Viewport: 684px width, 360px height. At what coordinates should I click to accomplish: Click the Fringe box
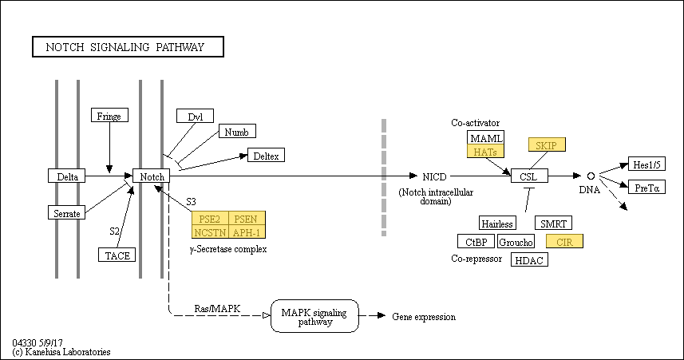[109, 115]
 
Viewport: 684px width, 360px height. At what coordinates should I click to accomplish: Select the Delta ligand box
[67, 176]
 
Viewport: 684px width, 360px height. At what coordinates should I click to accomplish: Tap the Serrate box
[67, 212]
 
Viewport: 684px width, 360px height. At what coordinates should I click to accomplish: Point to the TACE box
[117, 255]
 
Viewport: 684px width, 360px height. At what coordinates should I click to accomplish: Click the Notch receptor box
[151, 176]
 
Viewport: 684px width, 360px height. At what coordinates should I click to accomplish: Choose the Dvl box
[195, 116]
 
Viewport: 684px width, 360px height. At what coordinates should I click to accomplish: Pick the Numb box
[237, 132]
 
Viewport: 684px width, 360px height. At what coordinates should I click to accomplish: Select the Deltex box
[266, 155]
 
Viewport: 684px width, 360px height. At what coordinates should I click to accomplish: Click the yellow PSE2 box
[210, 218]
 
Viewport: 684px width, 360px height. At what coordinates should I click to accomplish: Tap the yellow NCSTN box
[210, 231]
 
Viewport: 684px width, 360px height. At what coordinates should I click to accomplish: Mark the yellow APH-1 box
[247, 231]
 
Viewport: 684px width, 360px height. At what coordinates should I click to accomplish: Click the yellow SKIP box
[547, 144]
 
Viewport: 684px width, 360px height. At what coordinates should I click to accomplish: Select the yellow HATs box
[485, 151]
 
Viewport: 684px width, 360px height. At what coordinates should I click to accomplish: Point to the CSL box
[530, 176]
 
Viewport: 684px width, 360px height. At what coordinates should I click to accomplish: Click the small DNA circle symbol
[591, 176]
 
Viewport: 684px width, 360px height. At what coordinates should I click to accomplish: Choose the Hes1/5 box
[647, 164]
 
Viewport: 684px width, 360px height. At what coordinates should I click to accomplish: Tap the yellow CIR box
[564, 241]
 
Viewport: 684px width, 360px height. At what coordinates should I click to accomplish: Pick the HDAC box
[529, 259]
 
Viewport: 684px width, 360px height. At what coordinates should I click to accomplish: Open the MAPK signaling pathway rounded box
[315, 316]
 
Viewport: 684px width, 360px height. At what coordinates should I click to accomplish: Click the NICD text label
[434, 176]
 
